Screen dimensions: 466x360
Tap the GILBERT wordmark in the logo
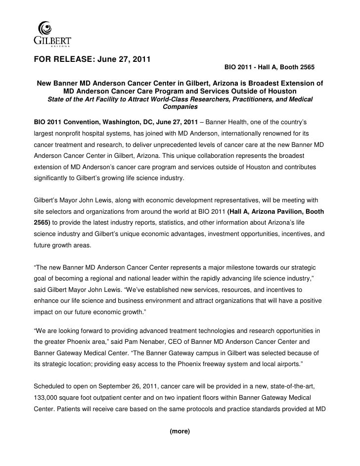tap(52, 40)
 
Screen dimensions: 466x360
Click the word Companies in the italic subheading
tap(180, 107)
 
